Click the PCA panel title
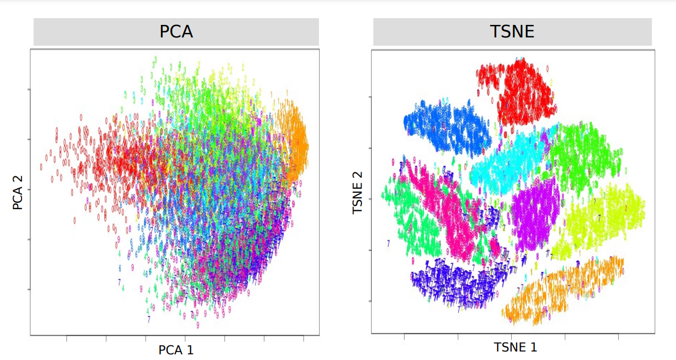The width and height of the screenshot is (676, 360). tap(176, 32)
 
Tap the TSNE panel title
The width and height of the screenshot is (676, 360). tap(512, 32)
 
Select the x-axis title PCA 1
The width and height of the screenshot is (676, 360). tap(176, 350)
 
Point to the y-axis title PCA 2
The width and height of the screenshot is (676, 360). tap(18, 193)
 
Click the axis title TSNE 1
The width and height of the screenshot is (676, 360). tap(515, 347)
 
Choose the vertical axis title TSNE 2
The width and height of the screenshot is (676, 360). tap(358, 193)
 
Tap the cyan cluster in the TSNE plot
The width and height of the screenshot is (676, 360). tap(504, 162)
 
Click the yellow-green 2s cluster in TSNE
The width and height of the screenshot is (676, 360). tap(601, 221)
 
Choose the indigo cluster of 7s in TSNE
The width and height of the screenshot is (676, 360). tap(453, 281)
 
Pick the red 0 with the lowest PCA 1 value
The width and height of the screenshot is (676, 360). tap(41, 167)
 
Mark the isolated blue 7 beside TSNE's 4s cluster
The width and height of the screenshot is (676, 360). tap(388, 243)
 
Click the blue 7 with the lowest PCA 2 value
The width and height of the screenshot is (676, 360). tap(149, 319)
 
